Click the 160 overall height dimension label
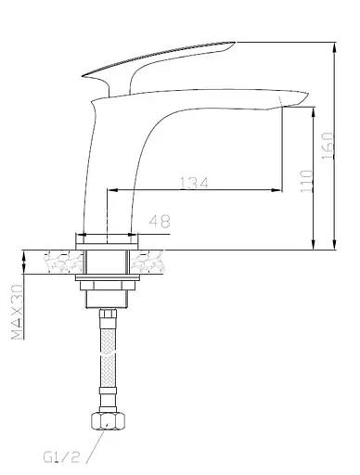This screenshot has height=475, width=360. pyautogui.click(x=328, y=146)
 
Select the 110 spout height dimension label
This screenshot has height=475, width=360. pyautogui.click(x=306, y=181)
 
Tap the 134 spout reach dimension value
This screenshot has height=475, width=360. pyautogui.click(x=194, y=183)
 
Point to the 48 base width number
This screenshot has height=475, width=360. pyautogui.click(x=160, y=221)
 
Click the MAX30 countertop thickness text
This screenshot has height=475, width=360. pyautogui.click(x=18, y=312)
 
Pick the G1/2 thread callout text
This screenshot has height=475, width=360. pyautogui.click(x=61, y=457)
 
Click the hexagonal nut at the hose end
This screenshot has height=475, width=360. pyautogui.click(x=109, y=421)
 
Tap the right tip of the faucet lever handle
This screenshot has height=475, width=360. pyautogui.click(x=235, y=42)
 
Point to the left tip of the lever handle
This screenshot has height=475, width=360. pyautogui.click(x=83, y=75)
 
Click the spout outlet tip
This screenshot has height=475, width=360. pyautogui.click(x=308, y=93)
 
